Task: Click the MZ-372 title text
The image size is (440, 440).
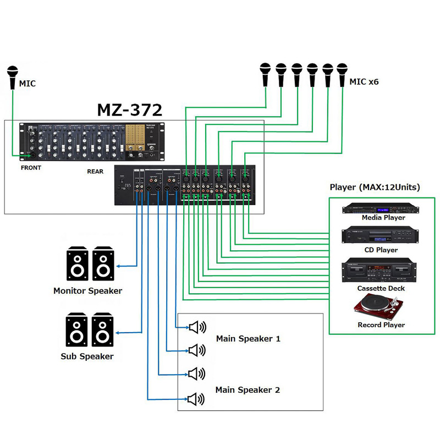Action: point(130,109)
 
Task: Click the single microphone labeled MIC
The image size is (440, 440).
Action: point(13,77)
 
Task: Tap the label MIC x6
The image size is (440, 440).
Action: point(364,82)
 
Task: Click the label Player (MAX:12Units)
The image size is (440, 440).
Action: point(375,187)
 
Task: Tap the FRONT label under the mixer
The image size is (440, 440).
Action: point(31,168)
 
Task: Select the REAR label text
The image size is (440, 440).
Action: point(95,171)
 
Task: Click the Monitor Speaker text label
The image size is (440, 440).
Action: point(87,290)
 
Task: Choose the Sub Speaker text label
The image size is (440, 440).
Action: point(87,356)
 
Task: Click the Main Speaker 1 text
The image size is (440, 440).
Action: point(248,339)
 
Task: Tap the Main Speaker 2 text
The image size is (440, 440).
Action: point(248,390)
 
